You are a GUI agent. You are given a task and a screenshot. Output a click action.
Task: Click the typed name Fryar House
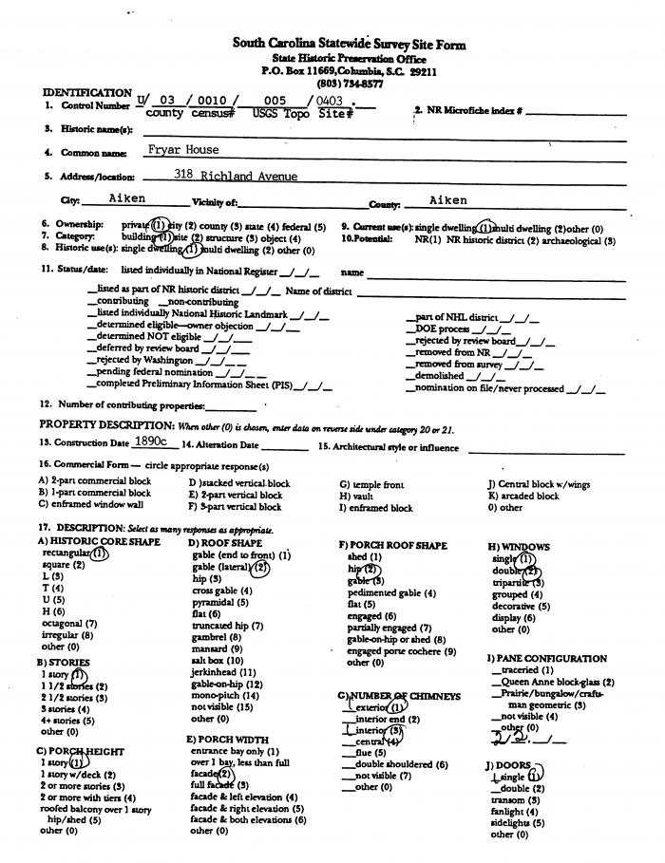click(182, 150)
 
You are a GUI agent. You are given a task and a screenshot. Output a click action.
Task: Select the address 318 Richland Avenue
click(236, 176)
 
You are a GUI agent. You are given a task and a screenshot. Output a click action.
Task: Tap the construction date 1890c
click(151, 442)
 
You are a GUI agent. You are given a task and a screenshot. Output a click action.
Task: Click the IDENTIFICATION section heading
click(86, 92)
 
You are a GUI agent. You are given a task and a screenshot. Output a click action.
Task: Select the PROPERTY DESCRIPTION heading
click(106, 424)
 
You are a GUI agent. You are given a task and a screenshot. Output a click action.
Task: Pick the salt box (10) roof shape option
click(218, 660)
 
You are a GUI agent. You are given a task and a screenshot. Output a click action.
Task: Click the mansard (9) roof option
click(217, 648)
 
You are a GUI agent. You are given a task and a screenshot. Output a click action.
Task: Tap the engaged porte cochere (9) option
click(402, 651)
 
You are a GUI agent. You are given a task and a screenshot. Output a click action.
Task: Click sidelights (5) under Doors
click(518, 823)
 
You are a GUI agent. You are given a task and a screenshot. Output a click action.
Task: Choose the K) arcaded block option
click(523, 496)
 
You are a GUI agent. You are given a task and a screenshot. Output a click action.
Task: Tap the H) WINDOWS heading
click(519, 547)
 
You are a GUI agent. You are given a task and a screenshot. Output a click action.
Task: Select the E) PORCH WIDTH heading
click(227, 739)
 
